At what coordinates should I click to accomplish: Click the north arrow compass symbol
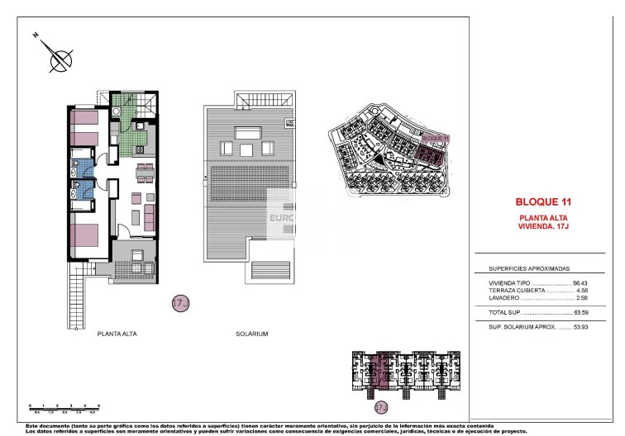tap(59, 59)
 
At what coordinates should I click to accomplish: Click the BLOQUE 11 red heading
tap(544, 201)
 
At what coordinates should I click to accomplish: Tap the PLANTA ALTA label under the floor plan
tap(117, 334)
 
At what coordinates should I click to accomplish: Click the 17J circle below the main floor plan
tap(180, 304)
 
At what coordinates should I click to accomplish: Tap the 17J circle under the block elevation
tap(381, 407)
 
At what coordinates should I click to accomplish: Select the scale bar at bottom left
tap(64, 407)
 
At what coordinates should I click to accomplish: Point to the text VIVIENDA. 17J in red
tap(543, 225)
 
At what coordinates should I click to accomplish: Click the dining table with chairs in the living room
tap(144, 172)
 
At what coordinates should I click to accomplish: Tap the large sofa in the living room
tap(150, 217)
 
